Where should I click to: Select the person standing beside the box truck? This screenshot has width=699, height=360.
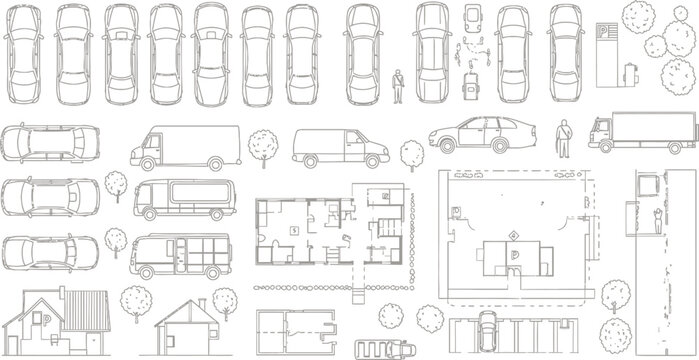coord(564,137)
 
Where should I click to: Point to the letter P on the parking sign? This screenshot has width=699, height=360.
coord(604,31)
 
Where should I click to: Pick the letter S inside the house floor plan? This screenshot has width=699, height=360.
coord(294,229)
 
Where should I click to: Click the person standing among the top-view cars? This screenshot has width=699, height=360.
coord(397,86)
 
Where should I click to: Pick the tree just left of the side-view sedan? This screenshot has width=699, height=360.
coord(412,154)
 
